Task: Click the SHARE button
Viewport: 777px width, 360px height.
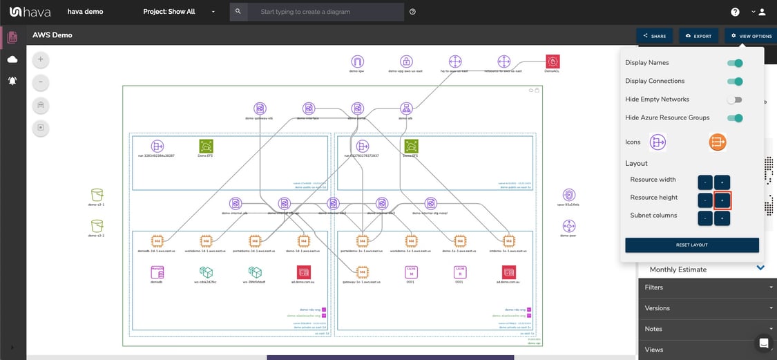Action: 654,36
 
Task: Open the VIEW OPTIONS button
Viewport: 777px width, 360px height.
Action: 751,36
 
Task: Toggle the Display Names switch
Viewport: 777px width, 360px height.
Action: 735,63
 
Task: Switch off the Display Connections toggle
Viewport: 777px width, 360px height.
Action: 735,82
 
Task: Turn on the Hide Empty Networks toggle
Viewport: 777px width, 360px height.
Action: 735,100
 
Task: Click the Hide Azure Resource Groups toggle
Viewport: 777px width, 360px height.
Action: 735,118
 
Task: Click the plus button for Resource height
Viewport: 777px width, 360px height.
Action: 722,200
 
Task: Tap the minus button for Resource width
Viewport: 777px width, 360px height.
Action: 704,182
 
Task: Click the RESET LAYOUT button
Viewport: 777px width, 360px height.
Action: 691,245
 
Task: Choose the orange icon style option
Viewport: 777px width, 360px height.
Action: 717,142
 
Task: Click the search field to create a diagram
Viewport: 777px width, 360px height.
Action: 325,12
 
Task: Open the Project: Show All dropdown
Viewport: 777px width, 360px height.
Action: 179,12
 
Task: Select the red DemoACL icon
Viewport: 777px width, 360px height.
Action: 552,61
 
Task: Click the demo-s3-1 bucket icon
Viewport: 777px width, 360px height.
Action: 97,195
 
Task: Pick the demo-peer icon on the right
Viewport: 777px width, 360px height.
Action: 569,226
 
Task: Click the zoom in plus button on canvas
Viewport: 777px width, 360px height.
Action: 41,59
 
